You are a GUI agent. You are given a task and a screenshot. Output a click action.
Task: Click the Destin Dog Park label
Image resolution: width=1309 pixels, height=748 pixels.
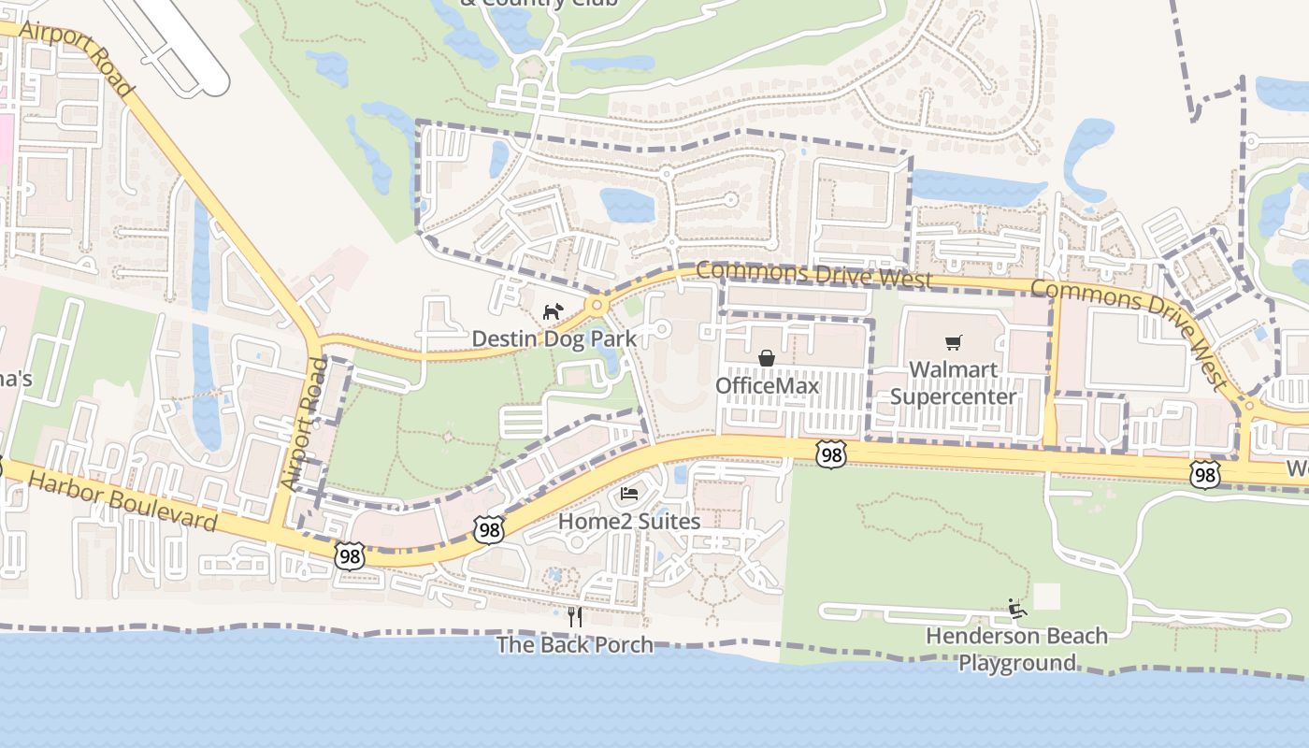point(554,338)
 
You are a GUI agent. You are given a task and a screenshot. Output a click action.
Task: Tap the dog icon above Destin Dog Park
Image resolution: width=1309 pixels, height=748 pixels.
point(554,310)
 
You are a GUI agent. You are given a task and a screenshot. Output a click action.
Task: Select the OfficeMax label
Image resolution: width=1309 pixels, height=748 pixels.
point(767,385)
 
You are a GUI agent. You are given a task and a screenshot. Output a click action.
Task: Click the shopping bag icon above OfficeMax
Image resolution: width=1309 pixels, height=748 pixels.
point(767,358)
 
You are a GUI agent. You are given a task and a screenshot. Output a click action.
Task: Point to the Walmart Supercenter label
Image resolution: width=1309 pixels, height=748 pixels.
point(953,382)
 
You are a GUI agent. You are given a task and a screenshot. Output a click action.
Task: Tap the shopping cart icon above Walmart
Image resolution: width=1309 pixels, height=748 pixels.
point(953,343)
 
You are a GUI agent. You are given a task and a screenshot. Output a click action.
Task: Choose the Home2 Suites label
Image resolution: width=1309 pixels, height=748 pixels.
point(629,521)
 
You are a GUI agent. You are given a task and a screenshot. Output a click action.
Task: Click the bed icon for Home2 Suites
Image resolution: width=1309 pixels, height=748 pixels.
point(629,494)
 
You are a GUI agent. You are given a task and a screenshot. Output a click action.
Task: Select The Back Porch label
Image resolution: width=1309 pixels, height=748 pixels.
point(574,644)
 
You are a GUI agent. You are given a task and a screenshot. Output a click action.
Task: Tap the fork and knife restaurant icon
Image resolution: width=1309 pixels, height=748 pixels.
point(574,616)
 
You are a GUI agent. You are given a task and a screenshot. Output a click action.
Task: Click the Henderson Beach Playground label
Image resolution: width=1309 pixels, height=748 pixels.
point(1016,649)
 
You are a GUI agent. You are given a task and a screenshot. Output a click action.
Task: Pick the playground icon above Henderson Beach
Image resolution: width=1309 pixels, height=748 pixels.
point(1017,610)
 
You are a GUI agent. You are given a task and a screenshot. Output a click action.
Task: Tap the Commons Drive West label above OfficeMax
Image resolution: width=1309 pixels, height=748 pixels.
point(813,274)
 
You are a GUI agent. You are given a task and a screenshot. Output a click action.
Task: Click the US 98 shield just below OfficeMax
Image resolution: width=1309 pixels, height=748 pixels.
point(830,454)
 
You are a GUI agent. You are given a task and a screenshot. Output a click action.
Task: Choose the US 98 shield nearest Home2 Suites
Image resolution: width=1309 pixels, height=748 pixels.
point(489,529)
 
